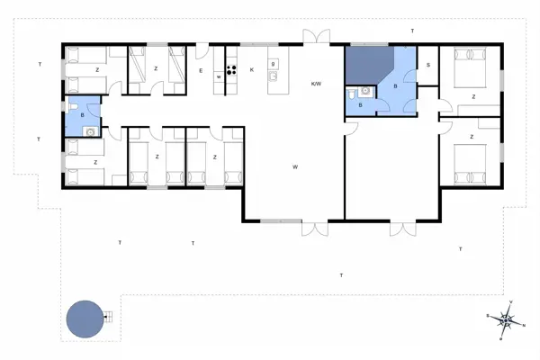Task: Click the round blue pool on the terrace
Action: pyautogui.click(x=85, y=319)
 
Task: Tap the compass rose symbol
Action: pyautogui.click(x=506, y=320)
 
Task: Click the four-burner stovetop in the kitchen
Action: pyautogui.click(x=231, y=70)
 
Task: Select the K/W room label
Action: pyautogui.click(x=316, y=84)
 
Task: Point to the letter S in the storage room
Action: pyautogui.click(x=428, y=65)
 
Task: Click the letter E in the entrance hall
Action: pyautogui.click(x=201, y=70)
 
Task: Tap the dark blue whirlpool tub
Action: pyautogui.click(x=369, y=66)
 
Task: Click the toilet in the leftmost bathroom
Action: pyautogui.click(x=74, y=105)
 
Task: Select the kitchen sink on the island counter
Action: pyautogui.click(x=273, y=76)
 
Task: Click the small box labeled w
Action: pyautogui.click(x=219, y=76)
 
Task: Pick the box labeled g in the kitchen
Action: pyautogui.click(x=273, y=64)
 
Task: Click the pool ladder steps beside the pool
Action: pyautogui.click(x=108, y=317)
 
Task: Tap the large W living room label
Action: pyautogui.click(x=295, y=167)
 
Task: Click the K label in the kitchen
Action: pyautogui.click(x=252, y=70)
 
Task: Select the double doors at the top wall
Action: pyautogui.click(x=317, y=37)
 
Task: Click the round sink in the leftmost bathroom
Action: pyautogui.click(x=90, y=131)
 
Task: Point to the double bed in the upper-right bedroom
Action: pyautogui.click(x=470, y=67)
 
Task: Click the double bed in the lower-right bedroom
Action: pyautogui.click(x=470, y=165)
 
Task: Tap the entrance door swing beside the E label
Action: pyautogui.click(x=202, y=51)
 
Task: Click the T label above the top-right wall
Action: pyautogui.click(x=412, y=31)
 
